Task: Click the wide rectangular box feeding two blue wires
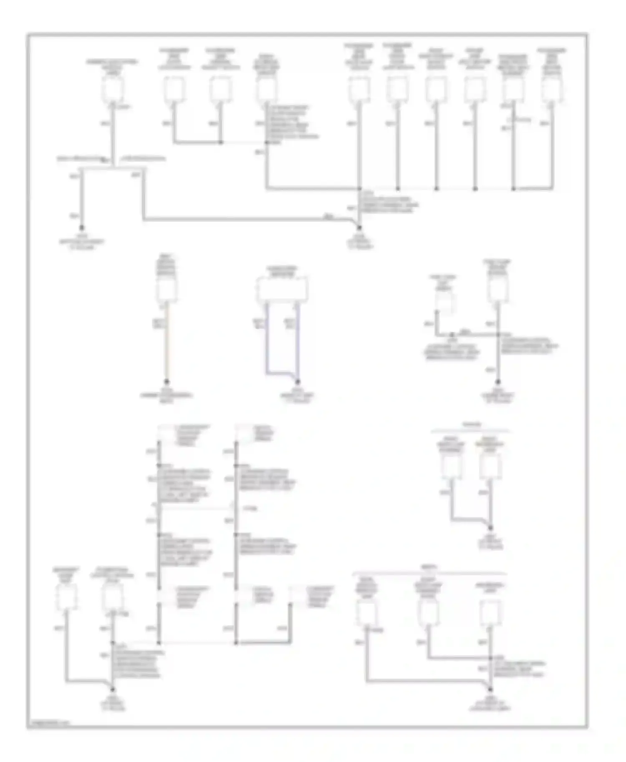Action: coord(282,289)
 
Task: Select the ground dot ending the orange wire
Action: coord(167,381)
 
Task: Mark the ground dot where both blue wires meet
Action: coord(298,381)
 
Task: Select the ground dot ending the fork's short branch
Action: coord(82,228)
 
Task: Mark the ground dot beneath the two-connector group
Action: coord(490,528)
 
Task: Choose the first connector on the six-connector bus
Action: coord(359,88)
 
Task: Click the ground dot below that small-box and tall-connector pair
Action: coord(498,381)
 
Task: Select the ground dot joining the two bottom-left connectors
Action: coord(112,689)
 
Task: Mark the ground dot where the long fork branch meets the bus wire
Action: coord(359,228)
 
